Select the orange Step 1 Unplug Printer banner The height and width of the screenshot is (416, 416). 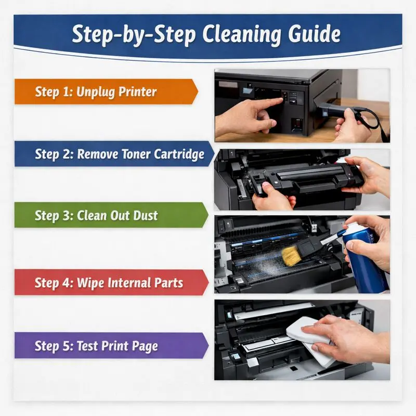coord(104,92)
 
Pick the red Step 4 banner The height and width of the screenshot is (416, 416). coord(109,283)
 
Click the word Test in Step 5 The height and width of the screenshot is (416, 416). coord(90,346)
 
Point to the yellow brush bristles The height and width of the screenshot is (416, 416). coord(291,254)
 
